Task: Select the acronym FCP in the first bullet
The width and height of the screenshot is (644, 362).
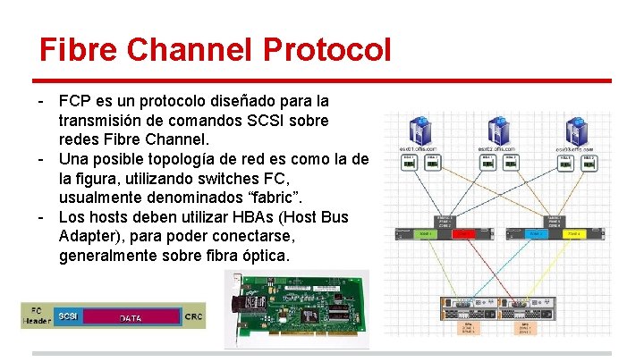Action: pos(74,100)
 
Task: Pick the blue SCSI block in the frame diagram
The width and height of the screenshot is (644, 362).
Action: pos(66,316)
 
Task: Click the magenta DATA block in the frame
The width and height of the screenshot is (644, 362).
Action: pos(131,317)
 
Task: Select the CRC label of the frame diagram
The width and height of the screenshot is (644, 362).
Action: pos(194,316)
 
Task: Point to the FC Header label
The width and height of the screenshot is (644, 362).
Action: pos(37,316)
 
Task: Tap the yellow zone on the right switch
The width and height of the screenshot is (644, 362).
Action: pos(572,234)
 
